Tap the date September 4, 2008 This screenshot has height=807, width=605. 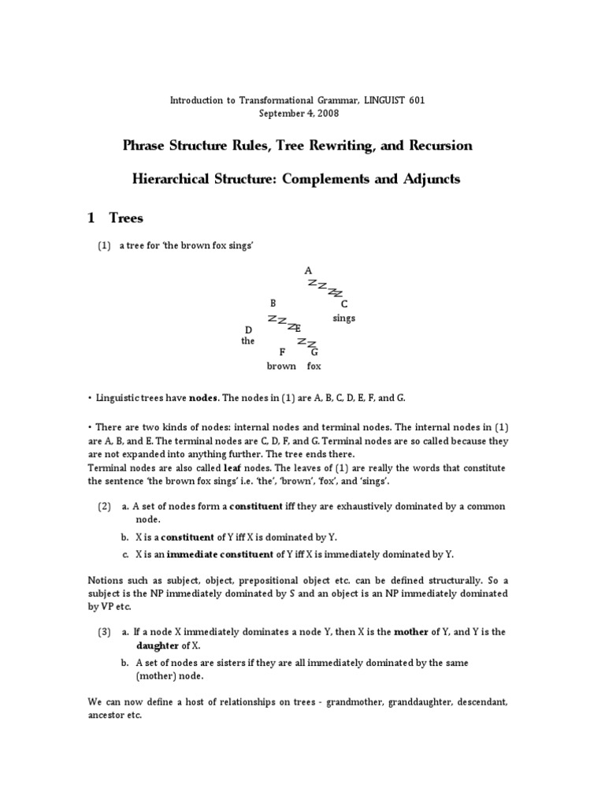click(x=302, y=113)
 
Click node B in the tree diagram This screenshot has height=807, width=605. click(x=273, y=303)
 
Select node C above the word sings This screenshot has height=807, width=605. click(x=344, y=304)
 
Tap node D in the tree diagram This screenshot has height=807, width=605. click(x=248, y=329)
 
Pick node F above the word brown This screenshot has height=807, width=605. click(x=281, y=352)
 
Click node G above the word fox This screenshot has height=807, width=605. click(x=314, y=352)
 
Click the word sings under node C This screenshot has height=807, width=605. click(x=343, y=318)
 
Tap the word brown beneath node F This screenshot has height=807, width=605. click(x=281, y=366)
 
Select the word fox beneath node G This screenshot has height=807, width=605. click(x=314, y=366)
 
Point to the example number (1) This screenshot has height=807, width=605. click(x=105, y=247)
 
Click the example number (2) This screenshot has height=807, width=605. click(x=105, y=506)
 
